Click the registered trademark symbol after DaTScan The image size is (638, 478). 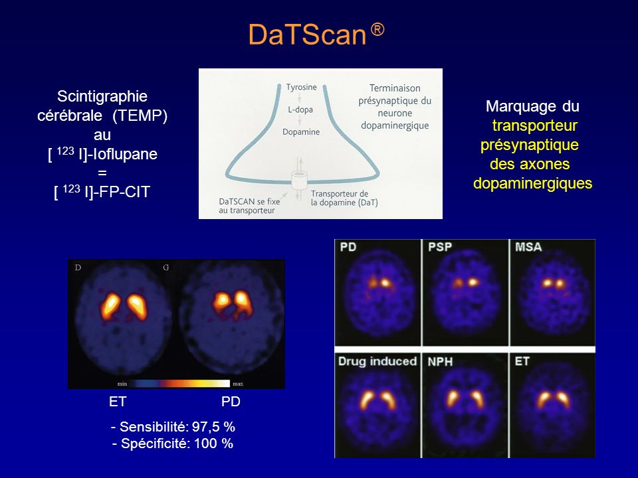[x=377, y=30]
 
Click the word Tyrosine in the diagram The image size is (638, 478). [x=301, y=88]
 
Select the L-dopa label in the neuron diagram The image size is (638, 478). [x=300, y=110]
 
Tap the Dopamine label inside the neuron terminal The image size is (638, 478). [x=301, y=131]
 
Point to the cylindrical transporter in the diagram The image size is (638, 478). [x=299, y=180]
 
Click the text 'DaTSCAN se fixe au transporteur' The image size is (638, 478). [x=249, y=206]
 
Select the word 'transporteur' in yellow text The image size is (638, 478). [x=534, y=125]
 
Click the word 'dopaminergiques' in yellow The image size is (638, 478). [x=532, y=183]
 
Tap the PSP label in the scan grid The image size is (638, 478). [x=440, y=247]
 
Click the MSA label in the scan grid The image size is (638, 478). [x=528, y=247]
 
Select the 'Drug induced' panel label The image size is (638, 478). [x=377, y=361]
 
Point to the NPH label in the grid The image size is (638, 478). [x=440, y=362]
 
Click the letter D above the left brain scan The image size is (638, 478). [x=78, y=268]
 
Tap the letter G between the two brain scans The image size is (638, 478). [x=166, y=268]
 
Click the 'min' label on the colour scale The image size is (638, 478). [x=122, y=384]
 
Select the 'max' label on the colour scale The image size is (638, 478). [x=238, y=384]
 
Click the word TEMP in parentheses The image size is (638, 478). [x=140, y=116]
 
